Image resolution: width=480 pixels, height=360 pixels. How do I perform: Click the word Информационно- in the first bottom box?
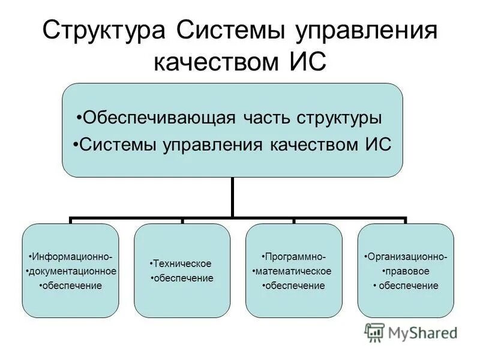71,257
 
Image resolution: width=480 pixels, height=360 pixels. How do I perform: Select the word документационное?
71,272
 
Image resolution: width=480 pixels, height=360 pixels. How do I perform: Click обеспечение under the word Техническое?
182,278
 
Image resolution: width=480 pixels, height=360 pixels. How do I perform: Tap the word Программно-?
294,257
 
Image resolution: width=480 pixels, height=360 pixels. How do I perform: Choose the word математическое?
293,271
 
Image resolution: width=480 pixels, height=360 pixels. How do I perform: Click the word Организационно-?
406,257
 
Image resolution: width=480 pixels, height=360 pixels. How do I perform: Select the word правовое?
406,271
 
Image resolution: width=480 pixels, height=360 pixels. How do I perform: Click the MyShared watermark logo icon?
375,332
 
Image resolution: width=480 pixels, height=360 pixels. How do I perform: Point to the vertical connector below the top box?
232,197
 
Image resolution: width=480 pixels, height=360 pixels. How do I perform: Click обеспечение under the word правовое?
408,286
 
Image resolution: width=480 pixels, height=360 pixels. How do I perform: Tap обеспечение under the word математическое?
294,286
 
